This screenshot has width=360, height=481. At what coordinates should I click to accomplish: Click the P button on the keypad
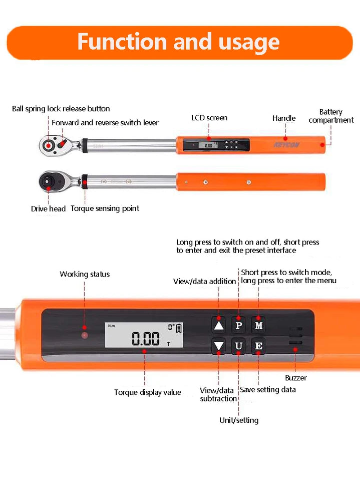coord(238,325)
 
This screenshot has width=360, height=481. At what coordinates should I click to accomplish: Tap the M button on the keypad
coord(258,325)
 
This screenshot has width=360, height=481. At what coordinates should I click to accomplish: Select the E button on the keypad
coord(258,346)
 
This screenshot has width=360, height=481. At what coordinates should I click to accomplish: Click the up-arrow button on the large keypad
coord(219,325)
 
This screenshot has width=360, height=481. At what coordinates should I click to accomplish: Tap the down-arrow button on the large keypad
coord(219,346)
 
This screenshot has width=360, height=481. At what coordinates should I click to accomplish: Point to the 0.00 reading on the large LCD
coord(146,339)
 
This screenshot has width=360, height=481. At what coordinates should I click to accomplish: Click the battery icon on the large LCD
coord(179,328)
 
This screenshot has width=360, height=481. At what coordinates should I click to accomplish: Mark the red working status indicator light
coord(85,334)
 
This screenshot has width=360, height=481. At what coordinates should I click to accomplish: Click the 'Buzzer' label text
coord(296,378)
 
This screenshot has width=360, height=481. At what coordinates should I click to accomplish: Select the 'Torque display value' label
coord(148,392)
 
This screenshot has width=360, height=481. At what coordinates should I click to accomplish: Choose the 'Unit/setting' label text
coord(239,420)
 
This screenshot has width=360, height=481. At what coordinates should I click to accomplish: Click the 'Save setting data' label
coord(268,389)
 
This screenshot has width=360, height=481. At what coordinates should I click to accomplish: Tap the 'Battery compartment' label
coord(331,116)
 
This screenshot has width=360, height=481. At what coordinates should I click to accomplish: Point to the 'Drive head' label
coord(48,208)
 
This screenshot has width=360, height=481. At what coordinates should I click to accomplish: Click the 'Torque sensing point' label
coord(105,208)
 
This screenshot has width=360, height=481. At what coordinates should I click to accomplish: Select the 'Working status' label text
coord(85,274)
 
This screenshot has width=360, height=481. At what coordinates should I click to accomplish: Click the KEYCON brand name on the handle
coord(286,145)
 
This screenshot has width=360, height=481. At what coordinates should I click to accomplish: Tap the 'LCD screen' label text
coord(209,118)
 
